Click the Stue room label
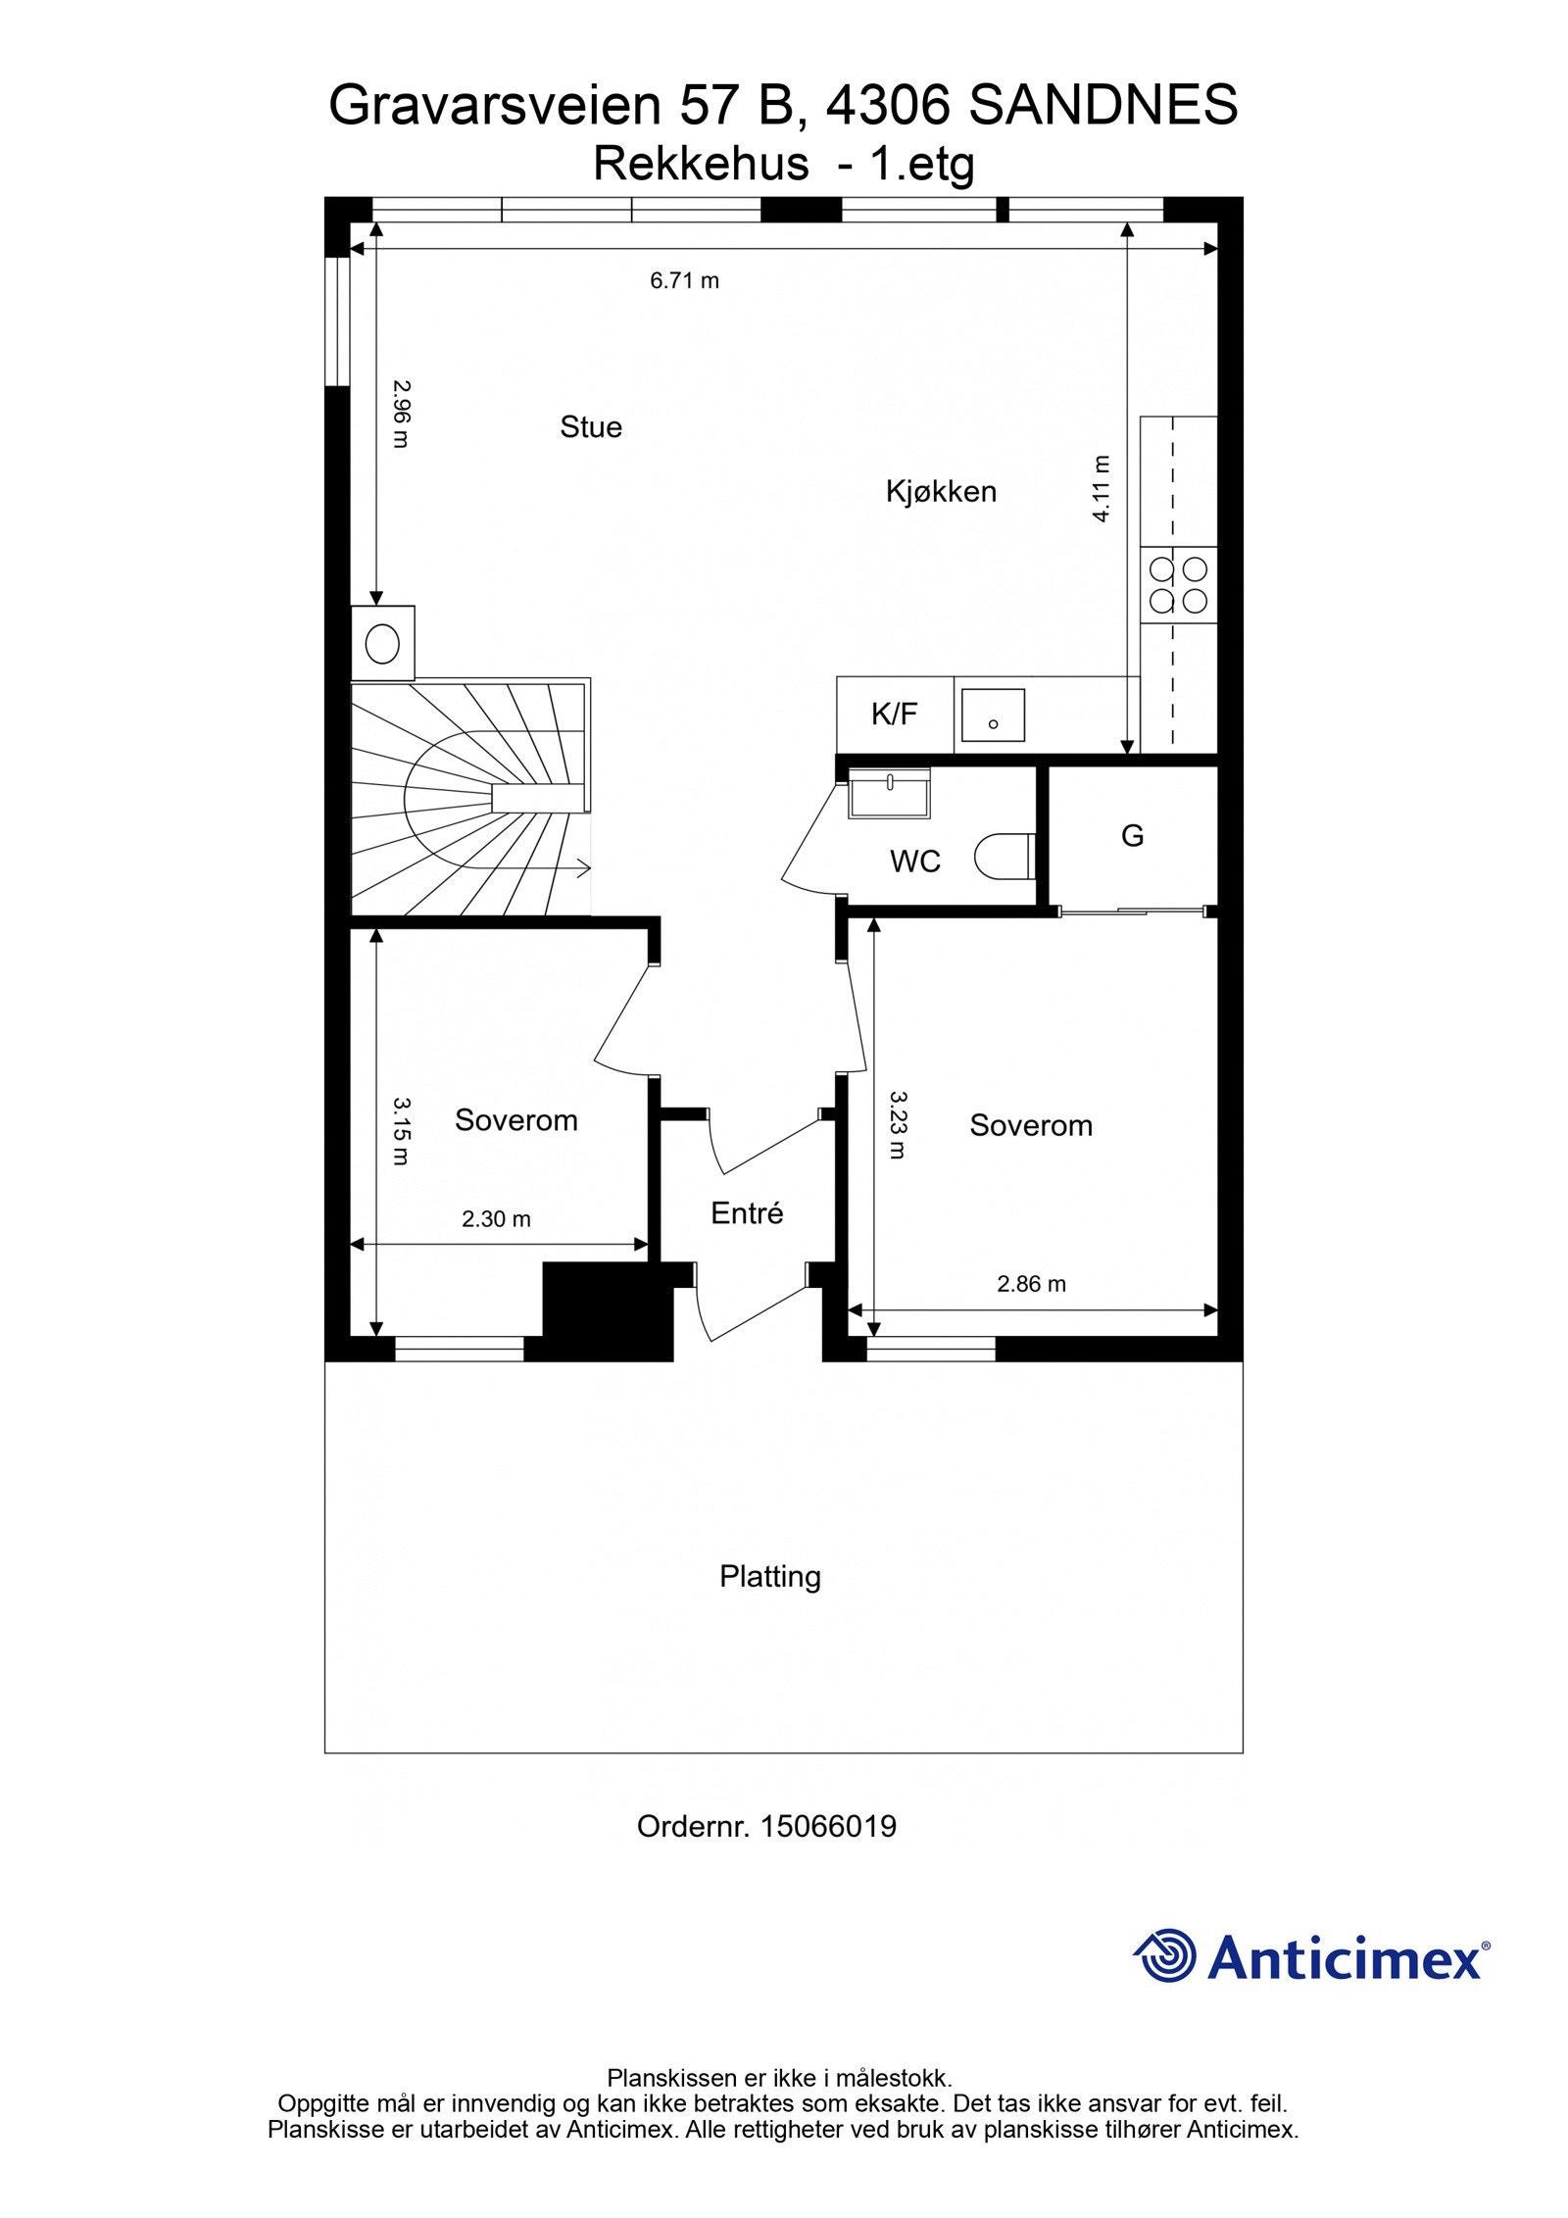pos(590,427)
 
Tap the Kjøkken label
pos(940,491)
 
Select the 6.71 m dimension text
pos(684,281)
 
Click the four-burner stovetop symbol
pos(1178,584)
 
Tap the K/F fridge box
pos(894,715)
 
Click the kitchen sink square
pos(992,715)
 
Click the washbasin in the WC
pos(889,791)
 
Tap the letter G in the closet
pos(1132,836)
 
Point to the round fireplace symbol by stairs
pos(382,644)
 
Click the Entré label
pos(747,1213)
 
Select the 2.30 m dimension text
pos(496,1219)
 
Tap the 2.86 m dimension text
pos(1031,1284)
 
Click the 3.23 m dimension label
pos(897,1124)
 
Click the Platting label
pos(769,1576)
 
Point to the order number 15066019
pos(827,1826)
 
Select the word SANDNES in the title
pos(1102,106)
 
